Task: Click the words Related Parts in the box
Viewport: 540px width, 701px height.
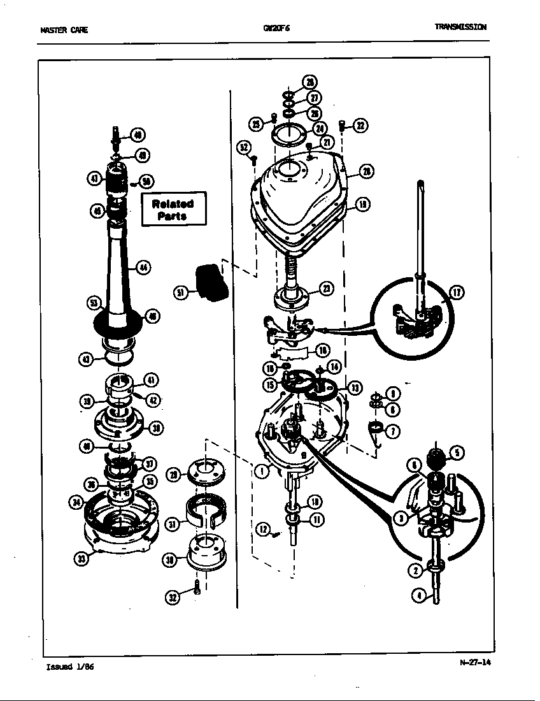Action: (173, 210)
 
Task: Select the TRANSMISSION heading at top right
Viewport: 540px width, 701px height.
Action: (460, 27)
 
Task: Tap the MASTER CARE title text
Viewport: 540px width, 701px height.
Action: (64, 30)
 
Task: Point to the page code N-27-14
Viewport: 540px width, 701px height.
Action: (475, 661)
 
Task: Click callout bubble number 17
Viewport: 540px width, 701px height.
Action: (456, 293)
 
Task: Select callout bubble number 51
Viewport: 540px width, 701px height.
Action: (181, 293)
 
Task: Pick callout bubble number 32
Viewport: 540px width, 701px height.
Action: (173, 597)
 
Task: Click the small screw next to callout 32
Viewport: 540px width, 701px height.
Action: (198, 588)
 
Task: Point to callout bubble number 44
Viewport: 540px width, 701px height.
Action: (143, 268)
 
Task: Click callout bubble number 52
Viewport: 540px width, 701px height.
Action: (243, 147)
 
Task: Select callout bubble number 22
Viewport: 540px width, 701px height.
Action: (360, 126)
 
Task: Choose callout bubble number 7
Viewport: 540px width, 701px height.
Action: (394, 431)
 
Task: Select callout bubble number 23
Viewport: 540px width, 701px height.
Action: (325, 289)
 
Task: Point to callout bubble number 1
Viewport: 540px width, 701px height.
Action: (260, 472)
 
